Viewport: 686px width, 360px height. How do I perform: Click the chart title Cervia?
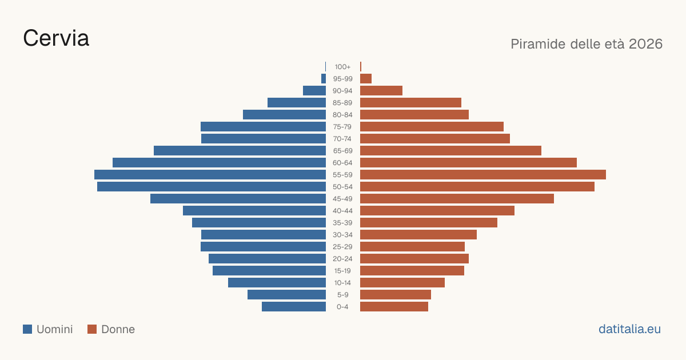click(x=56, y=38)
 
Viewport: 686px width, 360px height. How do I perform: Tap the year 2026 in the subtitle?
click(x=645, y=44)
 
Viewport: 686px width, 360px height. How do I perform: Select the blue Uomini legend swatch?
click(x=27, y=329)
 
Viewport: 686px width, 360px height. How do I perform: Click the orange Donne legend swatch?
click(x=92, y=329)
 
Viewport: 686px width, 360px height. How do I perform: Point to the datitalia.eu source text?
click(x=629, y=329)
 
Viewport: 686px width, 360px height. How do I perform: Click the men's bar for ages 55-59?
click(x=210, y=174)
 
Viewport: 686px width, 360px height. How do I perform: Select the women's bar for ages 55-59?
click(x=483, y=174)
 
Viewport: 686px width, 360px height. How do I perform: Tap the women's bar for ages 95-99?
click(x=366, y=79)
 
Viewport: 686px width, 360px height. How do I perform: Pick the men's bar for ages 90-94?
click(x=314, y=91)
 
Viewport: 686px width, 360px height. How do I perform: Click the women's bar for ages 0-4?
click(x=394, y=306)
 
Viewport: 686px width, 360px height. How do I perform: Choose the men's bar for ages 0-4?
click(x=294, y=306)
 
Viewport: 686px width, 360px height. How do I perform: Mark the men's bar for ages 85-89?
click(x=297, y=102)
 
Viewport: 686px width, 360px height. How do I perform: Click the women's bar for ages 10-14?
click(x=402, y=282)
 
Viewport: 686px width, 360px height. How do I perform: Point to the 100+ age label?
click(x=342, y=67)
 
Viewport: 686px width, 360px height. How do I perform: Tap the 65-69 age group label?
click(x=342, y=151)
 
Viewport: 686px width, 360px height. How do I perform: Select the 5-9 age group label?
click(x=342, y=294)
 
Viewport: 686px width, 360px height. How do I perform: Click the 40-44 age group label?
click(x=342, y=211)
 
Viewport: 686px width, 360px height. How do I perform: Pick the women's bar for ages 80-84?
click(x=414, y=114)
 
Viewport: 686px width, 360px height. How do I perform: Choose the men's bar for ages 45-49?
click(x=238, y=199)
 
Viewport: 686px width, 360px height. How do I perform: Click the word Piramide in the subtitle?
click(x=538, y=44)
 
